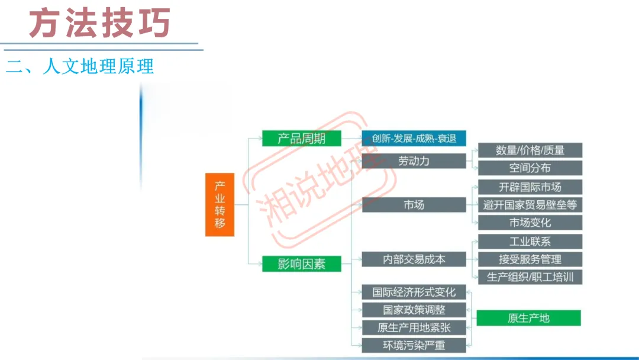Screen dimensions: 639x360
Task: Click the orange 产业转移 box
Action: coord(220,205)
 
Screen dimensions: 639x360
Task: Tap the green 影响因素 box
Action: coord(302,264)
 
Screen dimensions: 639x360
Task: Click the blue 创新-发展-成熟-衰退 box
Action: coord(414,139)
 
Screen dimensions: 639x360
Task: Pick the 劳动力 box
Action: coord(414,160)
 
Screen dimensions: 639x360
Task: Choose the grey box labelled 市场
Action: coord(414,205)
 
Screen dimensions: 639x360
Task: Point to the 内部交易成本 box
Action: coord(414,259)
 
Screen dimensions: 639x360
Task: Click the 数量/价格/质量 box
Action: coord(530,150)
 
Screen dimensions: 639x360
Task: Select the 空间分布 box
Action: coord(530,168)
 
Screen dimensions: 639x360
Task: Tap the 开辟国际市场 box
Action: coord(530,187)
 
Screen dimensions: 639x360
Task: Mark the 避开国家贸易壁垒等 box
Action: coord(530,205)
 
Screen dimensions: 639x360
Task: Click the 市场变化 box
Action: coord(530,223)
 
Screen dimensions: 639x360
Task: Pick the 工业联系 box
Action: coord(530,242)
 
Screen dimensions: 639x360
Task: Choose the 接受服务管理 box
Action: coord(530,259)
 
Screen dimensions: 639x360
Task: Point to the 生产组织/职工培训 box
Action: coord(530,277)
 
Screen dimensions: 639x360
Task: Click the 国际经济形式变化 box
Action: coord(414,292)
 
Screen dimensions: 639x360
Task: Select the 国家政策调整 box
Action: coord(414,310)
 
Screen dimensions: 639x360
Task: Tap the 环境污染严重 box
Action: coord(414,345)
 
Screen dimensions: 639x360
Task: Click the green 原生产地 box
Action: coord(529,318)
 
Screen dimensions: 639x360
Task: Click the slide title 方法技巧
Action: coord(100,24)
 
